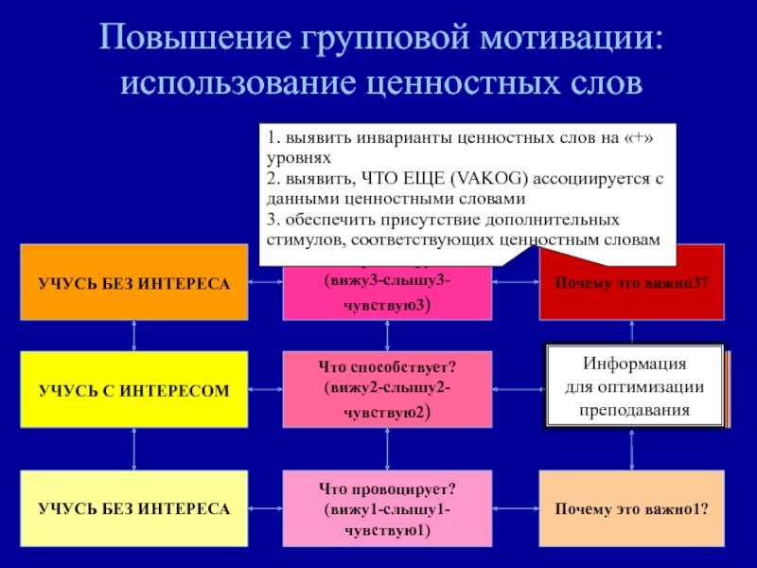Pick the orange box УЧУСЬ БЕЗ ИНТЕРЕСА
point(133,282)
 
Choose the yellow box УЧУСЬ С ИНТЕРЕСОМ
point(133,389)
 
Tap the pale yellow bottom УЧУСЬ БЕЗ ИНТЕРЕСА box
point(133,508)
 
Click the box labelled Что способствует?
point(387,389)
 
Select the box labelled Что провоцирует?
point(387,508)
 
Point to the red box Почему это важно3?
point(631,282)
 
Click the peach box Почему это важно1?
point(631,508)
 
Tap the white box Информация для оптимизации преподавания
point(634,386)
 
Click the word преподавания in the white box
point(634,410)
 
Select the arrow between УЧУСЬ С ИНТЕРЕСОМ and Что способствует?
point(265,389)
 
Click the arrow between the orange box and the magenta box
point(265,282)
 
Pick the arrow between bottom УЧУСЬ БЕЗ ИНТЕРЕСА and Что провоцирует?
point(265,508)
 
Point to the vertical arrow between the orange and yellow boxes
point(133,335)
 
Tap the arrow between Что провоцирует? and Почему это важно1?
point(516,508)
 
